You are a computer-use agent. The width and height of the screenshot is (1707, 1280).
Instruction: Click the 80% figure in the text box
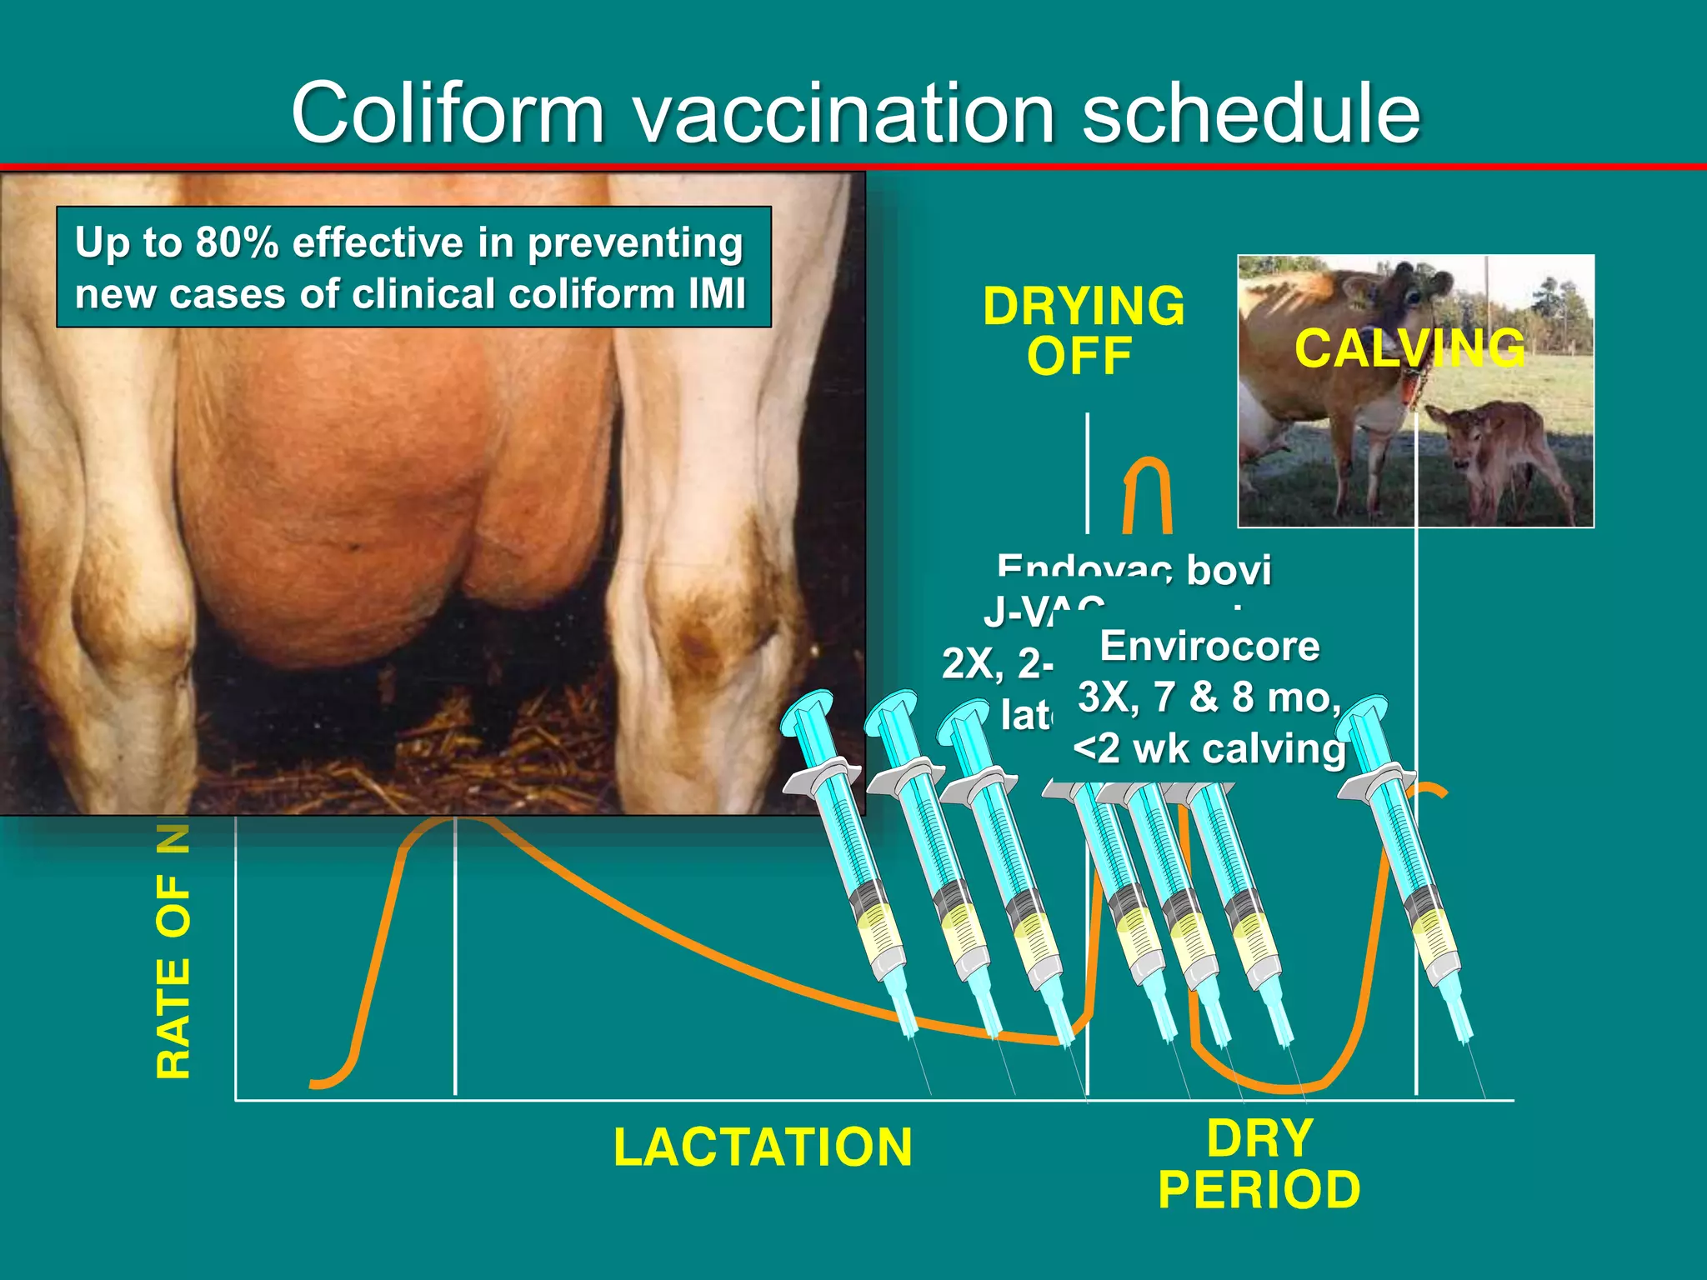[x=237, y=242]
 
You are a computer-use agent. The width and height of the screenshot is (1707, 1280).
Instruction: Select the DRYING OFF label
[x=1082, y=331]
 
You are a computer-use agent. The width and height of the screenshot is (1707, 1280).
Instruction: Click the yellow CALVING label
[x=1409, y=348]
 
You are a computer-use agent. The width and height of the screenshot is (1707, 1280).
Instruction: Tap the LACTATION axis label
[x=763, y=1147]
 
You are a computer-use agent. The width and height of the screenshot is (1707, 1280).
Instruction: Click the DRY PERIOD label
[x=1259, y=1164]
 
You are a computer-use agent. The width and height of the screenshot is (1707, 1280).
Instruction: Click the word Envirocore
[x=1209, y=647]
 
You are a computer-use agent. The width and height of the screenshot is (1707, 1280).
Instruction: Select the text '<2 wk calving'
[x=1209, y=748]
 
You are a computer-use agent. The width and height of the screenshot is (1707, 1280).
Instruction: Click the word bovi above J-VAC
[x=1229, y=570]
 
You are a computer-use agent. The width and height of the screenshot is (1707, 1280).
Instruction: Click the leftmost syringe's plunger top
[x=807, y=711]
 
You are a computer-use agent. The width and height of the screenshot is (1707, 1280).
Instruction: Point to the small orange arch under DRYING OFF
[x=1148, y=492]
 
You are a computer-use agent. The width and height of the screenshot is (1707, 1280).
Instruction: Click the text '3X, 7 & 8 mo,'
[x=1209, y=697]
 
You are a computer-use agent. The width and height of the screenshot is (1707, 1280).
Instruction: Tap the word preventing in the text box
[x=634, y=242]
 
